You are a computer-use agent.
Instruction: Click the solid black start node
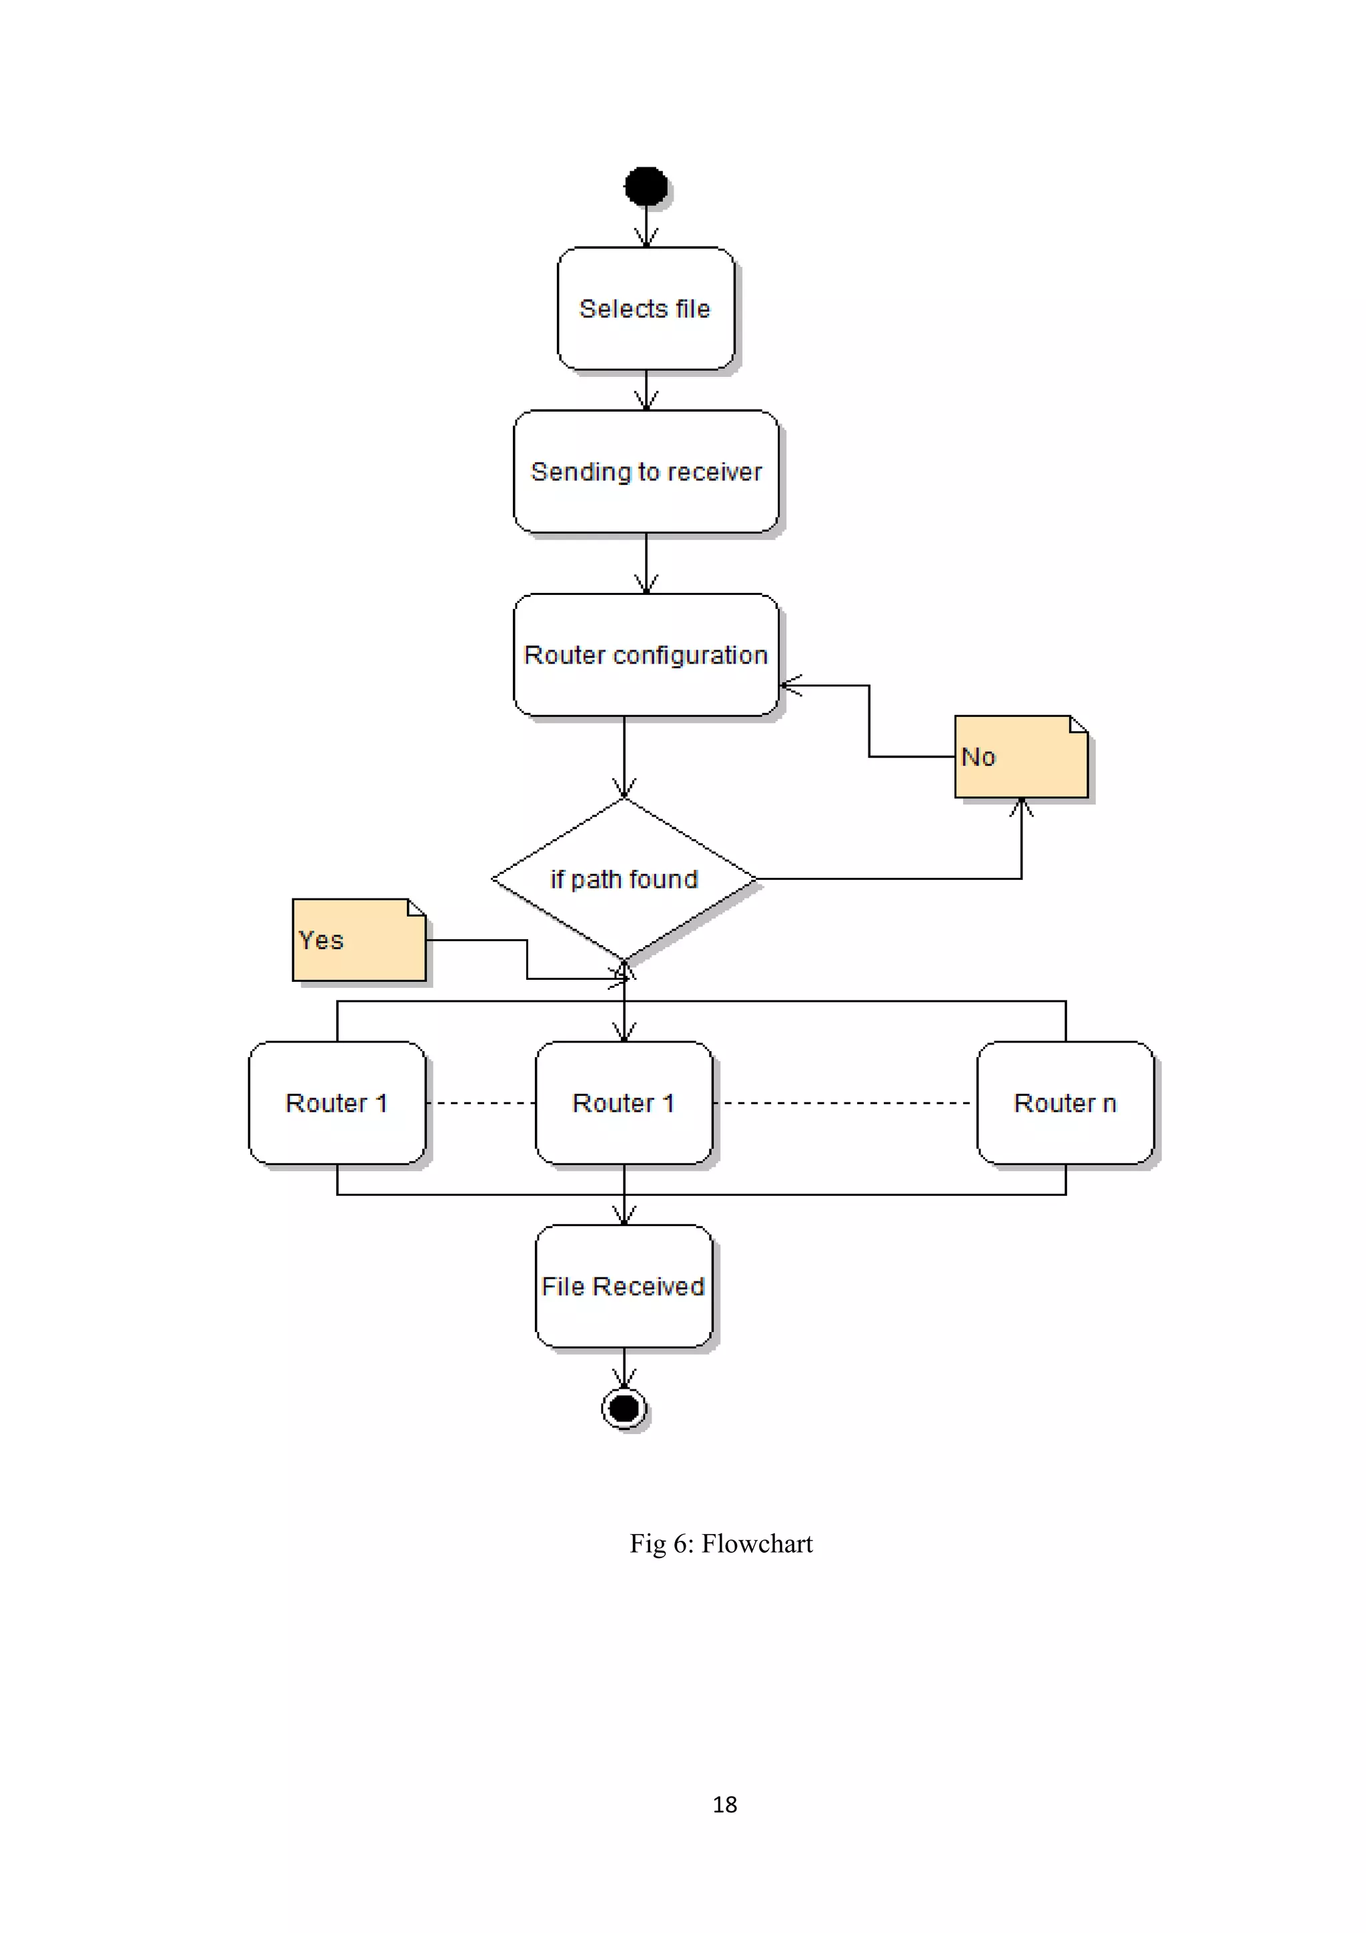(646, 186)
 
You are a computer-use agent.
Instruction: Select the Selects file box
(646, 308)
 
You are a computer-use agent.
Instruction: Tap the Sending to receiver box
(646, 472)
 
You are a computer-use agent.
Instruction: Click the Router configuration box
(646, 655)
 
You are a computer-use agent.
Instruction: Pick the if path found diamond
(624, 879)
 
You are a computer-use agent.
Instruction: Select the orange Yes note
(359, 940)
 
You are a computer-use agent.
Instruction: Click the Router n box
(1065, 1103)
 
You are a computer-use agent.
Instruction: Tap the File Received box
(624, 1287)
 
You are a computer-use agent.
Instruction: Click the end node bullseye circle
(624, 1407)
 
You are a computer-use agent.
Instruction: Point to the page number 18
(724, 1804)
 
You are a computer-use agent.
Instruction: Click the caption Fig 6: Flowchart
(720, 1543)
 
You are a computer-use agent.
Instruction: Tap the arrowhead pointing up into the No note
(1021, 806)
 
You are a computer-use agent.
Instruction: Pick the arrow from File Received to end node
(624, 1367)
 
